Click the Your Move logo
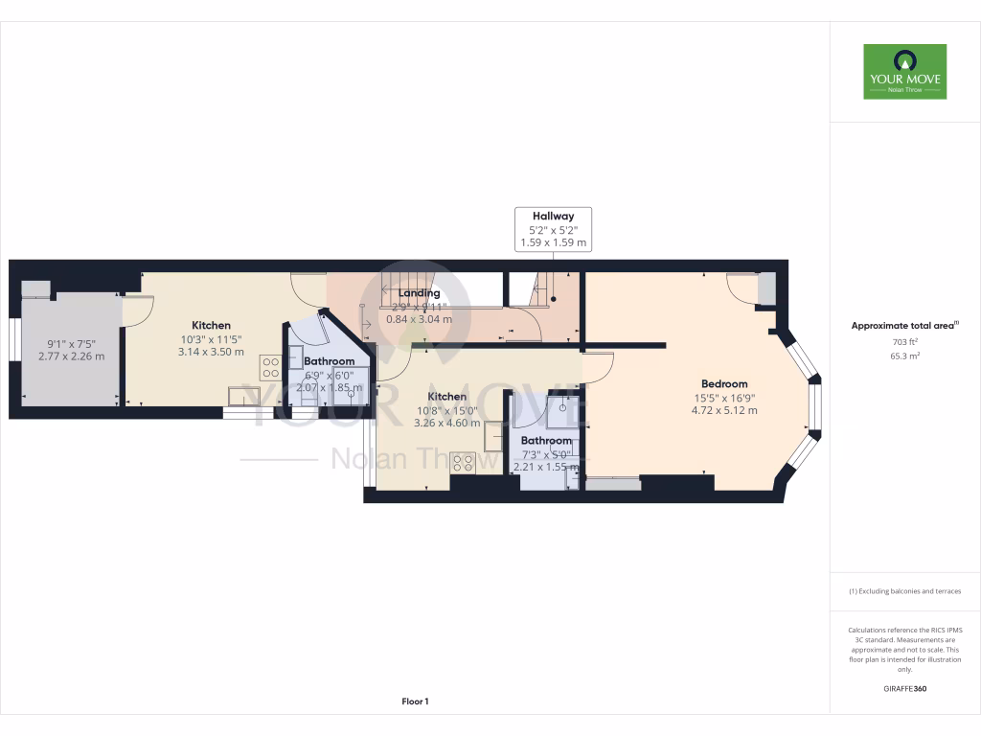tap(904, 71)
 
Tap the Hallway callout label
tap(553, 230)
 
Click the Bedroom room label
tap(723, 384)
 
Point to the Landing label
tap(419, 293)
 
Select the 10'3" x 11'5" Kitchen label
tap(211, 325)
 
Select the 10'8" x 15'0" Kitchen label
tap(446, 397)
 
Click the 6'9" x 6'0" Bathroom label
tap(329, 361)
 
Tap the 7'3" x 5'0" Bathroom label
tap(546, 441)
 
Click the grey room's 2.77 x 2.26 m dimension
tap(71, 356)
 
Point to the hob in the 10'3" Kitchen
tap(270, 368)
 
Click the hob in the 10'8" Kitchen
tap(463, 463)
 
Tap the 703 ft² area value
tap(904, 341)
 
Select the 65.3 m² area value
tap(904, 356)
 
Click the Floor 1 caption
tap(415, 701)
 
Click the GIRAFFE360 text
tap(904, 689)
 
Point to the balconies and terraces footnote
tap(904, 591)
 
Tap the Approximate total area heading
tap(904, 326)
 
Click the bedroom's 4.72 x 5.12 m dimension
tap(723, 410)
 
